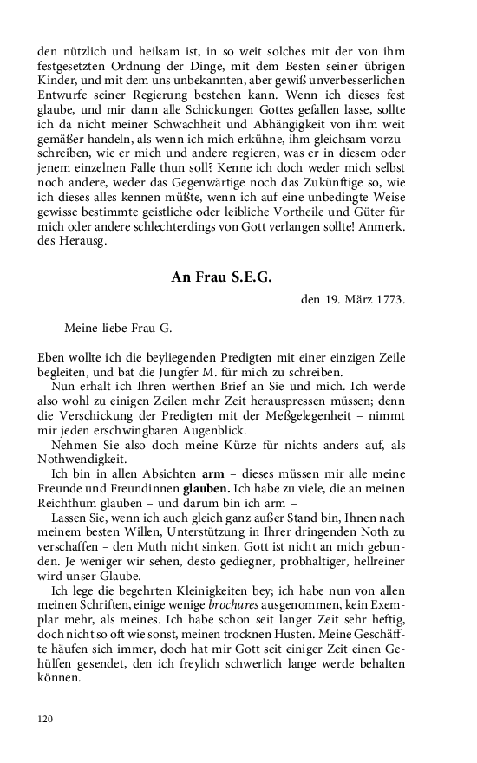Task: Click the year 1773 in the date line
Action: [388, 301]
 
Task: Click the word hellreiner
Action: [371, 559]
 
